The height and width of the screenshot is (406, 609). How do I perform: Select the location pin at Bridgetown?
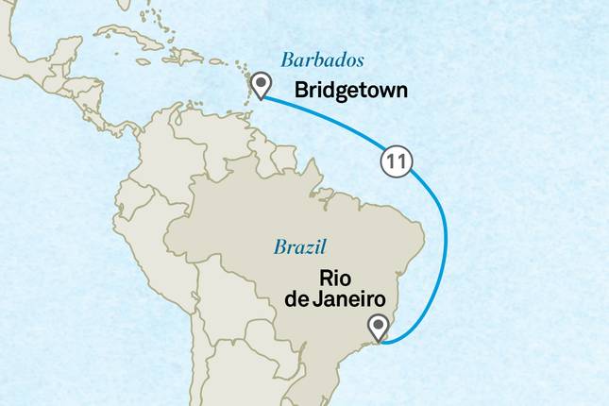click(x=260, y=87)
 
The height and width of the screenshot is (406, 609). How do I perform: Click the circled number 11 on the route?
click(x=396, y=161)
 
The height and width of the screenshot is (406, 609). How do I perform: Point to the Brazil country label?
click(x=300, y=247)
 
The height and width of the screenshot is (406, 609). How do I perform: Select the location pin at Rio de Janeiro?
click(x=379, y=327)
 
